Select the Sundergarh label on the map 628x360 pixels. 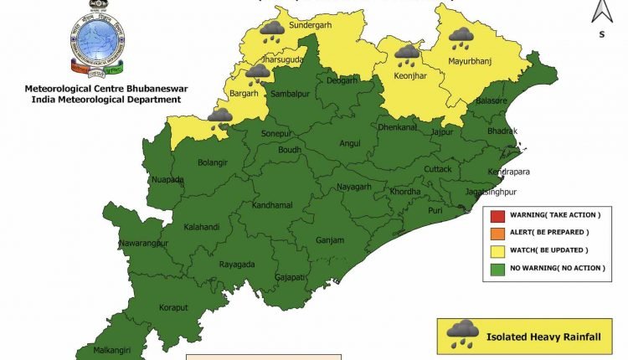coord(310,26)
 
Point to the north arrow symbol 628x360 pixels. coord(600,12)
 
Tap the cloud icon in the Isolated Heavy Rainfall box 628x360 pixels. coord(462,334)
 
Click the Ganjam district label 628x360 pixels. coord(330,240)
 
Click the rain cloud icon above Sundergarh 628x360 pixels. coord(270,31)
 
